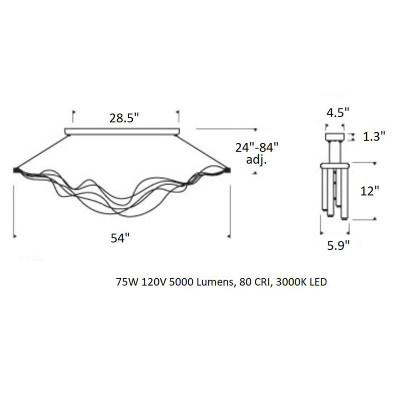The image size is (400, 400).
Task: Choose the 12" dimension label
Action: [369, 192]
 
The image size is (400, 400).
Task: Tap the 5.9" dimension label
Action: [338, 245]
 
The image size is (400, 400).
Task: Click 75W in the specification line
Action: [125, 282]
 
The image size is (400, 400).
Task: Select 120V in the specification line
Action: [150, 282]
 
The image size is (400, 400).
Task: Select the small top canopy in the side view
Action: [335, 137]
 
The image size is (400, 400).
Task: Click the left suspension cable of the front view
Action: [40, 152]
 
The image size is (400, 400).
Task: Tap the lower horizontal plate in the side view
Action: [335, 165]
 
